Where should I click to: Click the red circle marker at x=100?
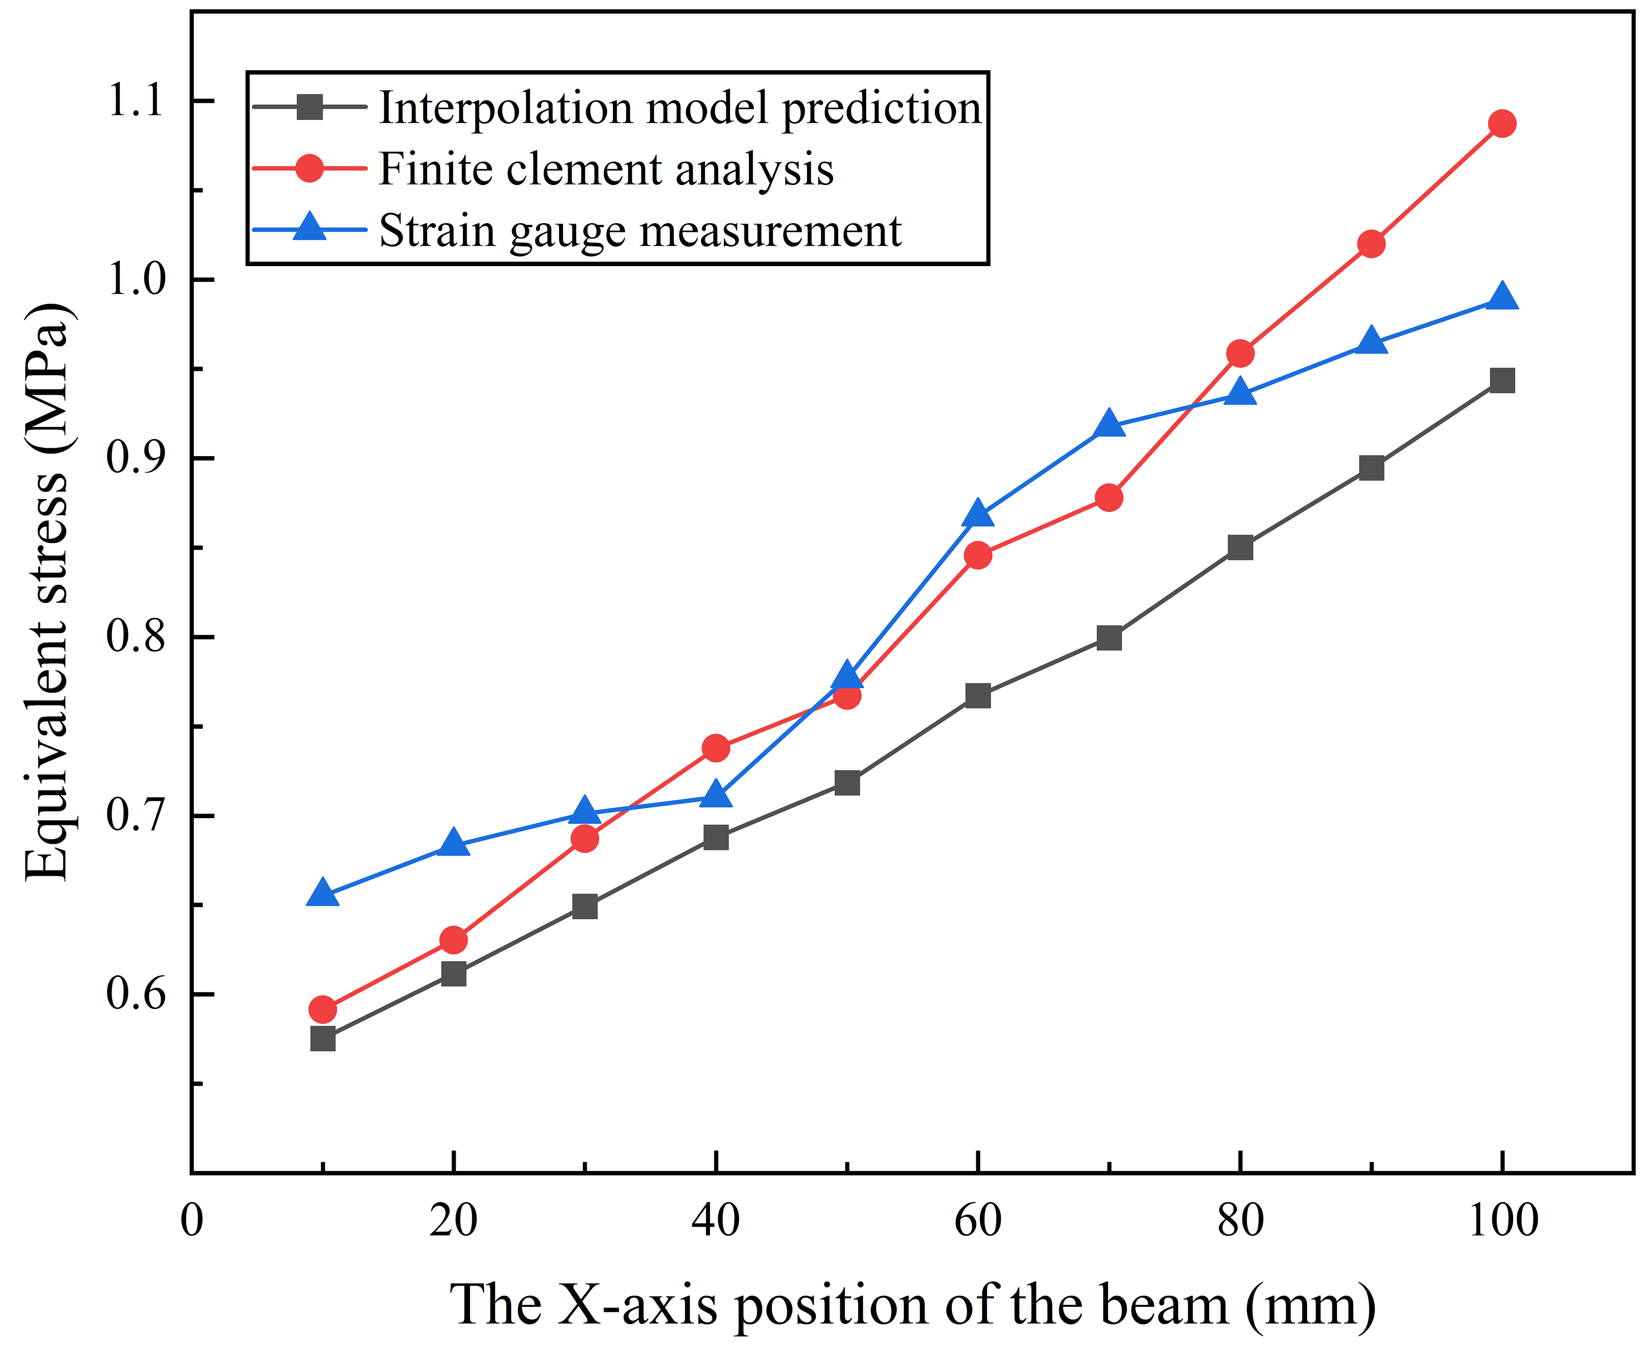[x=1502, y=124]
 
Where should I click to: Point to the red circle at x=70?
[x=1109, y=498]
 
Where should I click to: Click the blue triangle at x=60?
[x=978, y=515]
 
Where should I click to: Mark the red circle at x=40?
[x=715, y=748]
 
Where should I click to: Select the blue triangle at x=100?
[x=1502, y=298]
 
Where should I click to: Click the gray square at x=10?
[x=323, y=1038]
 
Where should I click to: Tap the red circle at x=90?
[x=1371, y=243]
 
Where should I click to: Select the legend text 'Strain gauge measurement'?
[x=640, y=231]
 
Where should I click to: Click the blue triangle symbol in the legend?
[x=309, y=228]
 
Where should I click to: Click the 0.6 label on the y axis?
[x=135, y=994]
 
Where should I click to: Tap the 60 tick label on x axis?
[x=978, y=1221]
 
